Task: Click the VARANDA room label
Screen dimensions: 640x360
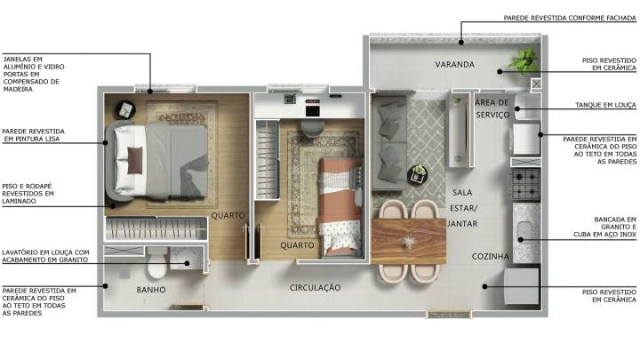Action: tap(454, 65)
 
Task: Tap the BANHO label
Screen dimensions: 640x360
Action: tap(151, 290)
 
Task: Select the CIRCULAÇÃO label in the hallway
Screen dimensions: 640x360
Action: tap(315, 288)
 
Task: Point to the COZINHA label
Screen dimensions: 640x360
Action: tap(490, 256)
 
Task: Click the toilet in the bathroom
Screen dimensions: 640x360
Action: tap(157, 262)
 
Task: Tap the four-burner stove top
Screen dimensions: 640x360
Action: tap(526, 184)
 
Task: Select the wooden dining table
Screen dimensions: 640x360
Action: tap(408, 241)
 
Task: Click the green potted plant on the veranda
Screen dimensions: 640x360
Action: tap(523, 60)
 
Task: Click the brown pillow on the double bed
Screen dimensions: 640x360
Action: tap(135, 160)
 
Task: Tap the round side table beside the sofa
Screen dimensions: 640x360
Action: tap(418, 174)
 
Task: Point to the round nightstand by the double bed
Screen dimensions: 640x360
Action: tap(125, 110)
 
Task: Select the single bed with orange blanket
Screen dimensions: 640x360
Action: tap(340, 207)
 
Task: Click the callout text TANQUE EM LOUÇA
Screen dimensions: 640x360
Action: tap(605, 105)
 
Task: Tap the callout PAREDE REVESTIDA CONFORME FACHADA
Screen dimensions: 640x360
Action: tap(570, 18)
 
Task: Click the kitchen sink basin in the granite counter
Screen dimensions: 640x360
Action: tap(523, 232)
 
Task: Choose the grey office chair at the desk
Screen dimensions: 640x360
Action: tap(312, 127)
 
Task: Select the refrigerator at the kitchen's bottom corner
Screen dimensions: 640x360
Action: tap(522, 285)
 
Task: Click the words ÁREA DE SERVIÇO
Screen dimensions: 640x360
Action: tap(492, 108)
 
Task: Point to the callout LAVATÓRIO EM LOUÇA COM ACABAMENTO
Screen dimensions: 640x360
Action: tap(45, 256)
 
